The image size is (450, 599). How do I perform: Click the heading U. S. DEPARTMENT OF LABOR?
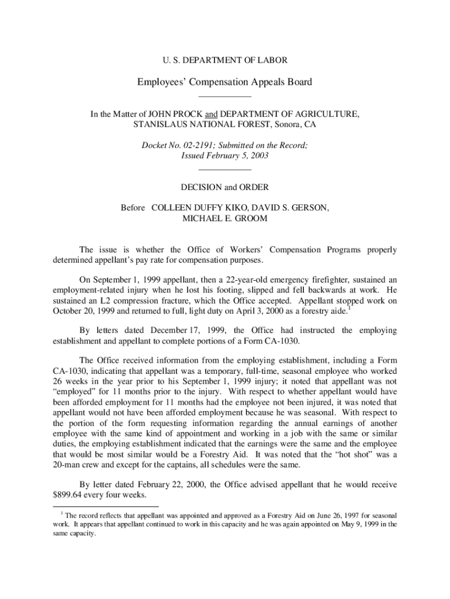point(224,60)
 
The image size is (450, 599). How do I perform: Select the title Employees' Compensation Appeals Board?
point(224,82)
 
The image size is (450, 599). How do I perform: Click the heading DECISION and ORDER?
point(224,187)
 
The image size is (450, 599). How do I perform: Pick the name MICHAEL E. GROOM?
point(225,218)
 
